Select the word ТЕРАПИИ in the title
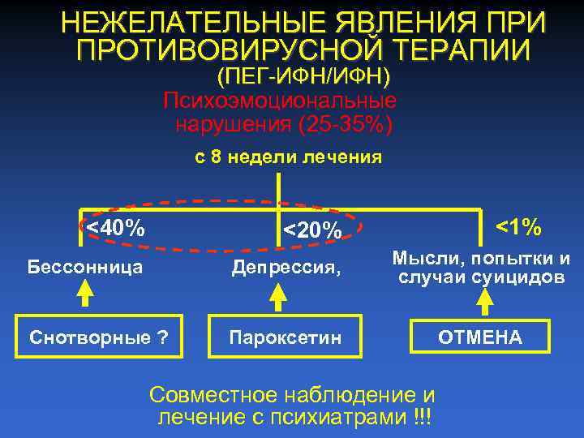(x=466, y=50)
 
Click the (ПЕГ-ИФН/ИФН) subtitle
(x=303, y=77)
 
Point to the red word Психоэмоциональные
(x=280, y=101)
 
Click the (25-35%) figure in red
(x=346, y=126)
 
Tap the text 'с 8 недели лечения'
(x=288, y=157)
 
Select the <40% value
(x=115, y=229)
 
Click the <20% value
(x=311, y=231)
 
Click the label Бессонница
(x=85, y=265)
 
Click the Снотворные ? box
(x=98, y=337)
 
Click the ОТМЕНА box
(x=481, y=337)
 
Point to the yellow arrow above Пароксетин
(x=278, y=299)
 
